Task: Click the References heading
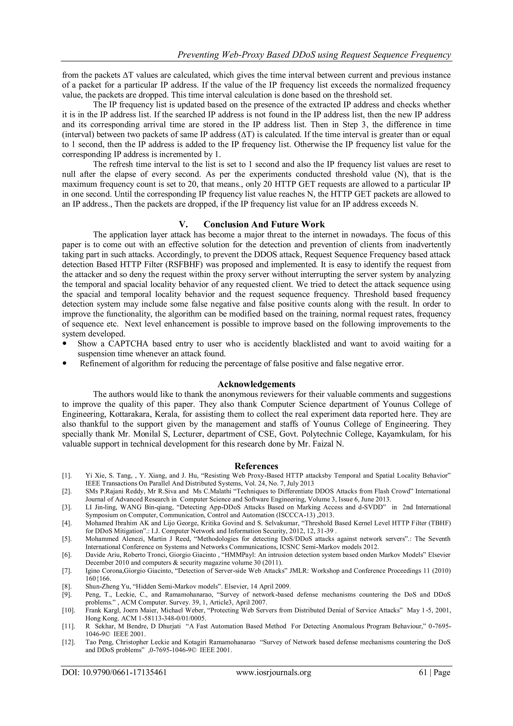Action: coord(256,466)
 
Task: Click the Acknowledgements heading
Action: coord(256,384)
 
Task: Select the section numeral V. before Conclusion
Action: coord(184,225)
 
